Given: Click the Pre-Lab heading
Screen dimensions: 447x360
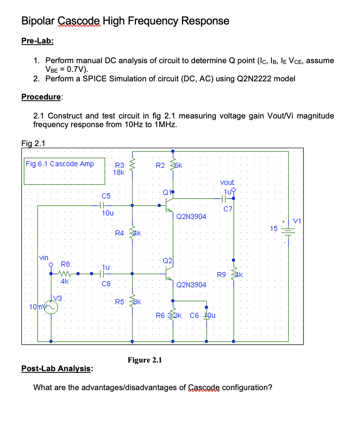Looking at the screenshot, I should pyautogui.click(x=37, y=41).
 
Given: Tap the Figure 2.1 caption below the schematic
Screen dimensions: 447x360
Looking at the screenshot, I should pyautogui.click(x=144, y=360).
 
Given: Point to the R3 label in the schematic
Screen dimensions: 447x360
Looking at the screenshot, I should pyautogui.click(x=119, y=165).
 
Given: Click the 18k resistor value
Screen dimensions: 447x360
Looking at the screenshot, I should pyautogui.click(x=119, y=172).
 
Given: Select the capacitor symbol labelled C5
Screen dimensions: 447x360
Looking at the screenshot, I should pyautogui.click(x=101, y=205).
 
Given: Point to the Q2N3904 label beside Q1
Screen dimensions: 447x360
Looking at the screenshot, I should pyautogui.click(x=191, y=216).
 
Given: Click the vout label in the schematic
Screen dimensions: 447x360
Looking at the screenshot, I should pyautogui.click(x=227, y=182).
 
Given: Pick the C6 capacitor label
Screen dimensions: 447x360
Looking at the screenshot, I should pyautogui.click(x=195, y=316).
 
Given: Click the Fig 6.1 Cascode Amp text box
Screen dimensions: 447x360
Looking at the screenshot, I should pyautogui.click(x=60, y=164).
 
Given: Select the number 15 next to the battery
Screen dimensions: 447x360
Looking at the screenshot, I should pyautogui.click(x=274, y=228).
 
